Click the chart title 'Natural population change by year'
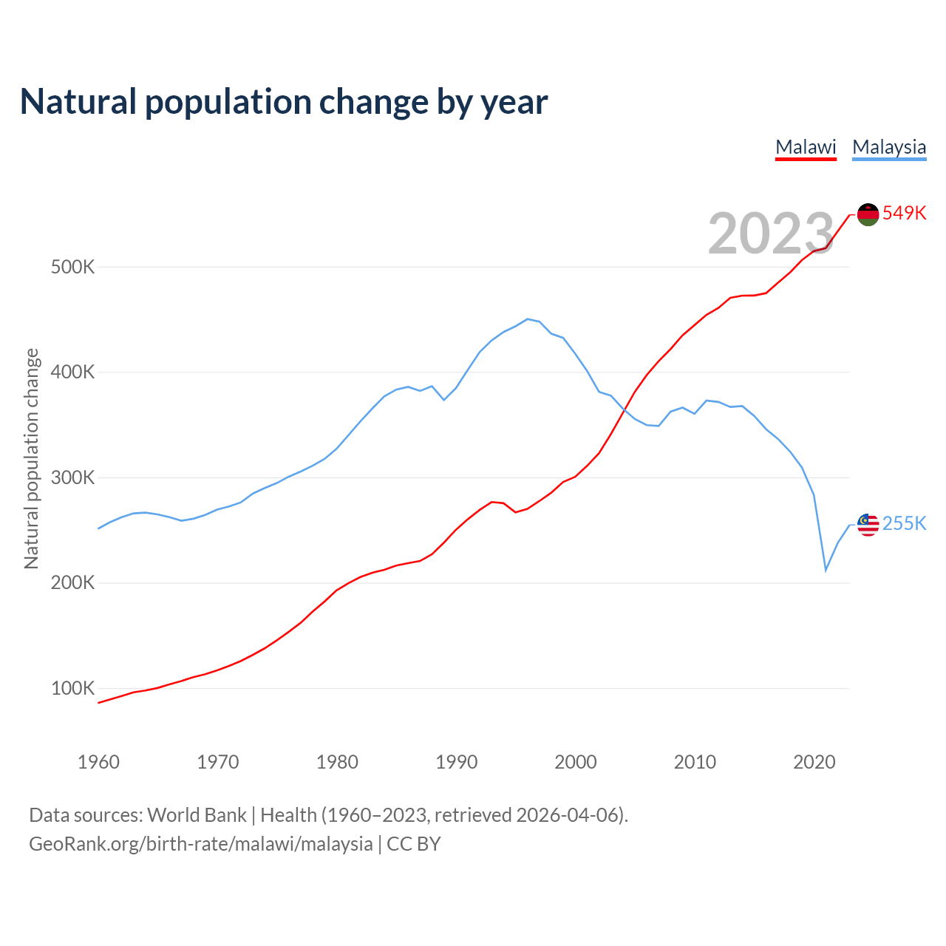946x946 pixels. click(284, 102)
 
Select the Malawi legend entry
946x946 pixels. click(806, 147)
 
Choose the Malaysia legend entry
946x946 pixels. click(889, 147)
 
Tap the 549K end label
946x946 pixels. click(904, 213)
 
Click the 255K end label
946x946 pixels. click(904, 523)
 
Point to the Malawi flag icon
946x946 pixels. click(868, 214)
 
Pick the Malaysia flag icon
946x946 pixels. click(868, 525)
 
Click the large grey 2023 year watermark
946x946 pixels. click(771, 234)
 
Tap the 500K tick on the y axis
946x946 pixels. click(73, 267)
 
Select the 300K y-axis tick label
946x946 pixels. click(73, 477)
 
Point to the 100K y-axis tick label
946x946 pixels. click(73, 689)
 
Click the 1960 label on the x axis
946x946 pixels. click(98, 762)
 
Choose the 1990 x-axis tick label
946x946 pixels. click(456, 762)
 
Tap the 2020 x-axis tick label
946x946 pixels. click(814, 762)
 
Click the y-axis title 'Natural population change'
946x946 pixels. click(31, 458)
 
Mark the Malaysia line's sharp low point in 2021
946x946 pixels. click(826, 570)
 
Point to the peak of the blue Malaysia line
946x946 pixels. click(527, 319)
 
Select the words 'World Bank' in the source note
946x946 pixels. click(197, 815)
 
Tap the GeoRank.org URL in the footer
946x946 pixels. click(201, 844)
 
